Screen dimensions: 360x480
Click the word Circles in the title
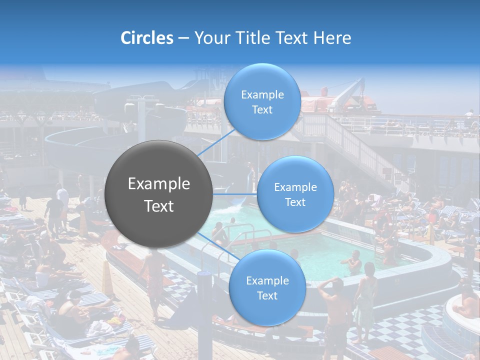coord(146,38)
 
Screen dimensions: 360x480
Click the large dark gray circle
coord(159,194)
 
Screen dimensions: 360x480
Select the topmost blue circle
coord(262,102)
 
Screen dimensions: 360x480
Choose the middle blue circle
coord(295,194)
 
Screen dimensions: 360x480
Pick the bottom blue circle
coord(267,288)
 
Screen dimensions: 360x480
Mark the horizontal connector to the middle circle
coord(235,194)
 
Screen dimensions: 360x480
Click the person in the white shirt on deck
coord(62,197)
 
